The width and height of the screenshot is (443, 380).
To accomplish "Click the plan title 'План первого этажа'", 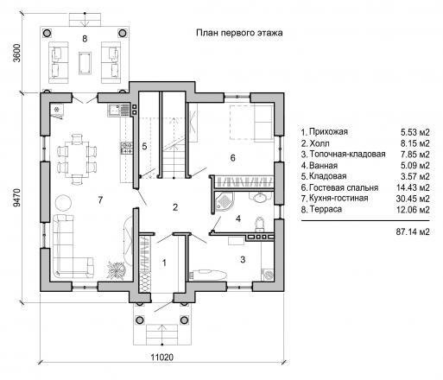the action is click(x=239, y=33).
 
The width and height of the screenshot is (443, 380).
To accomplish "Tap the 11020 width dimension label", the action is click(x=162, y=358).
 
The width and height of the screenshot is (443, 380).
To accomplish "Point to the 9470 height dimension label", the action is click(x=17, y=198).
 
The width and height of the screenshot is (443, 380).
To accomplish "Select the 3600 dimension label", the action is click(x=17, y=53).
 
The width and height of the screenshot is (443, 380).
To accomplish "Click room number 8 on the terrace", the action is click(x=85, y=39).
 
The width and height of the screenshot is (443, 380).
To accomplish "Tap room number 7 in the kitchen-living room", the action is click(x=100, y=199).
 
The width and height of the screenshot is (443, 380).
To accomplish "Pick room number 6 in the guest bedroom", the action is click(x=232, y=157).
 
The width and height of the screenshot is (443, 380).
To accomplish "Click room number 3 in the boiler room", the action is click(x=243, y=259).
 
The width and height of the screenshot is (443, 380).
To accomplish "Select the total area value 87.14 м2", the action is click(x=413, y=231).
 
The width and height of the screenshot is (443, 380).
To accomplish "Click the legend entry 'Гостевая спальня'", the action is click(x=344, y=187).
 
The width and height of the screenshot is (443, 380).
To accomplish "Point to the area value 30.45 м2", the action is click(x=413, y=199).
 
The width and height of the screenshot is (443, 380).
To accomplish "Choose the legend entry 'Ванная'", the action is click(x=323, y=166).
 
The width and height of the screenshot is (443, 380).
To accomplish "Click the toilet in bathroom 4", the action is click(x=260, y=223).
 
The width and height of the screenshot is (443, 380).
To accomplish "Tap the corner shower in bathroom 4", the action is click(x=224, y=201).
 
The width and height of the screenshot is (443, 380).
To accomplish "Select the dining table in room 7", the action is click(x=77, y=159).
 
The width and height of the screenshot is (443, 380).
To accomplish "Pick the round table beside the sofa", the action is click(x=63, y=203).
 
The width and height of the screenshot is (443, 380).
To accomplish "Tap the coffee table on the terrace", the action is click(x=85, y=63).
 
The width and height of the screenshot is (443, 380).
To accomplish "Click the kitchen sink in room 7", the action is click(x=118, y=111).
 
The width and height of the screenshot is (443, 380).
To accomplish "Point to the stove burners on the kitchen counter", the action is click(x=126, y=148).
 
